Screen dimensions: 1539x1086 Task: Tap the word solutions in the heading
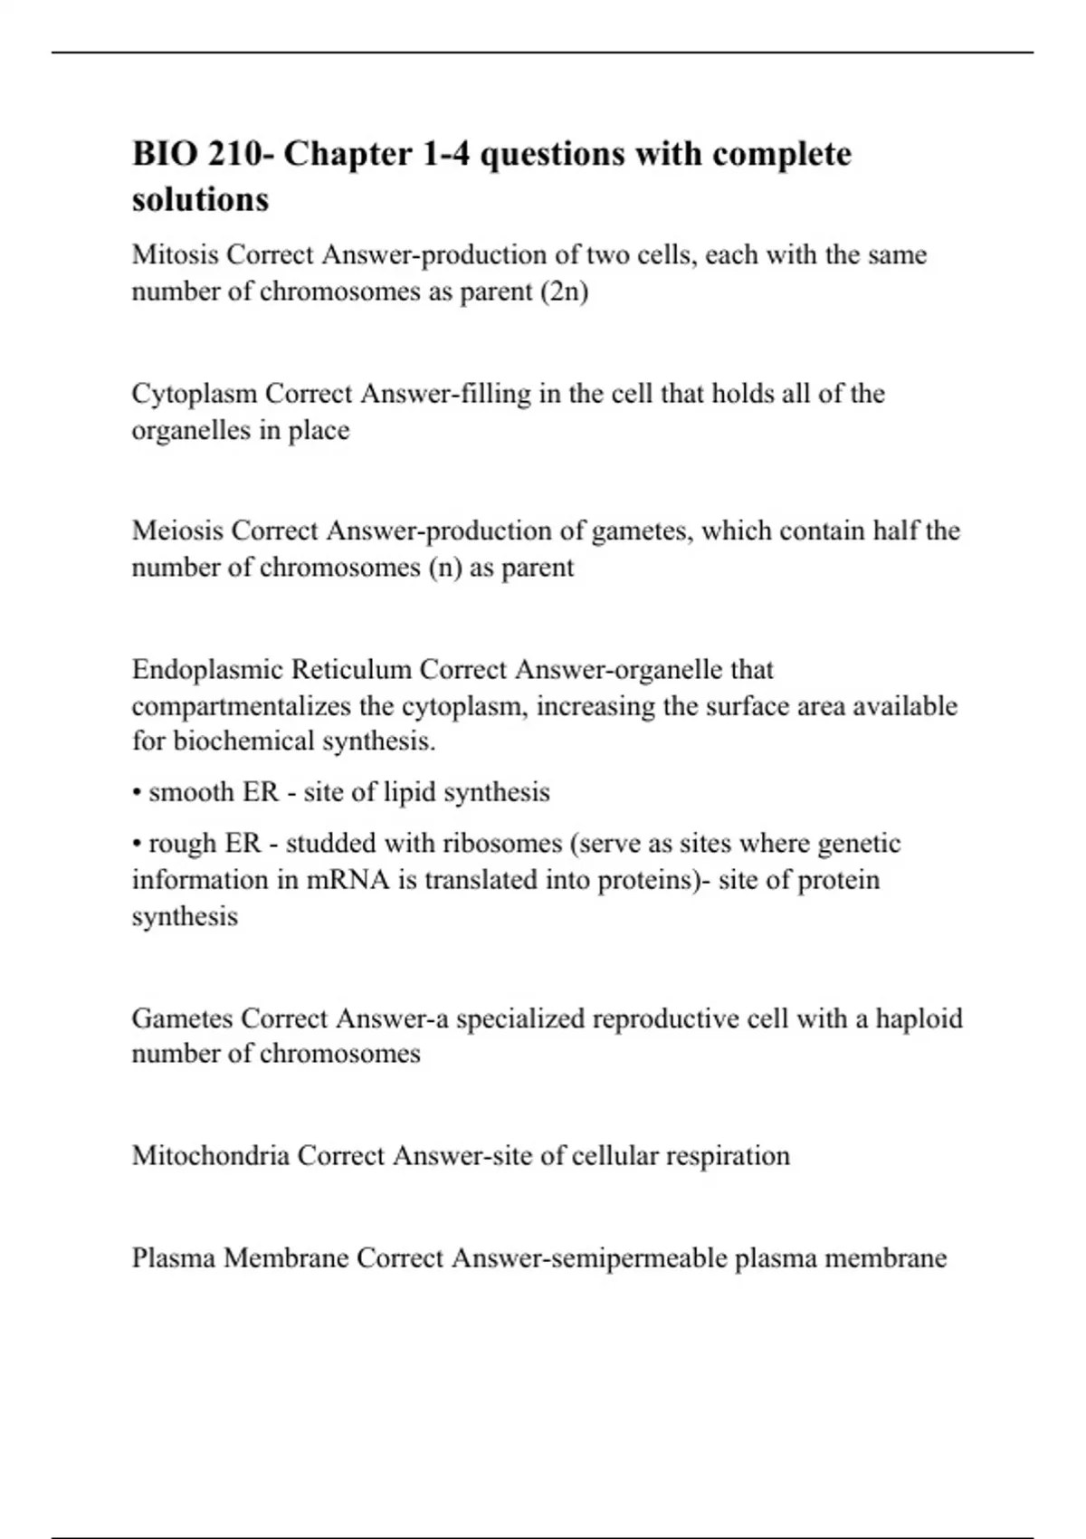(200, 199)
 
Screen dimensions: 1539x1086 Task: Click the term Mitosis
(175, 254)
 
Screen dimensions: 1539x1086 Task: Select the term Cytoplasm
(194, 394)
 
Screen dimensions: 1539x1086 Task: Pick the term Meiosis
(177, 531)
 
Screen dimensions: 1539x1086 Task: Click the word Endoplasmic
(206, 670)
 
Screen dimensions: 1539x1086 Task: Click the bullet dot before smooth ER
(136, 793)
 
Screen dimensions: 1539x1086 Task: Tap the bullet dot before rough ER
(136, 844)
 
